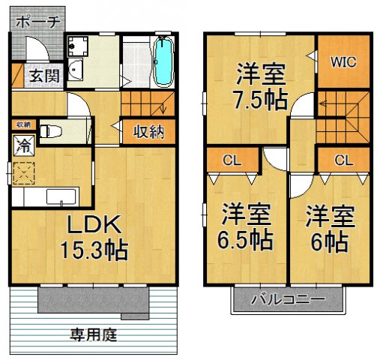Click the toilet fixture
point(49,131)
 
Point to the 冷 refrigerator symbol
point(24,142)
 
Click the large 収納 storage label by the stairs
point(149,132)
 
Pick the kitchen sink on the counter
point(60,197)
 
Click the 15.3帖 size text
point(93,248)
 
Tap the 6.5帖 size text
point(247,240)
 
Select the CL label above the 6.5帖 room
point(230,160)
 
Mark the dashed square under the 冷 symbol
point(25,173)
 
